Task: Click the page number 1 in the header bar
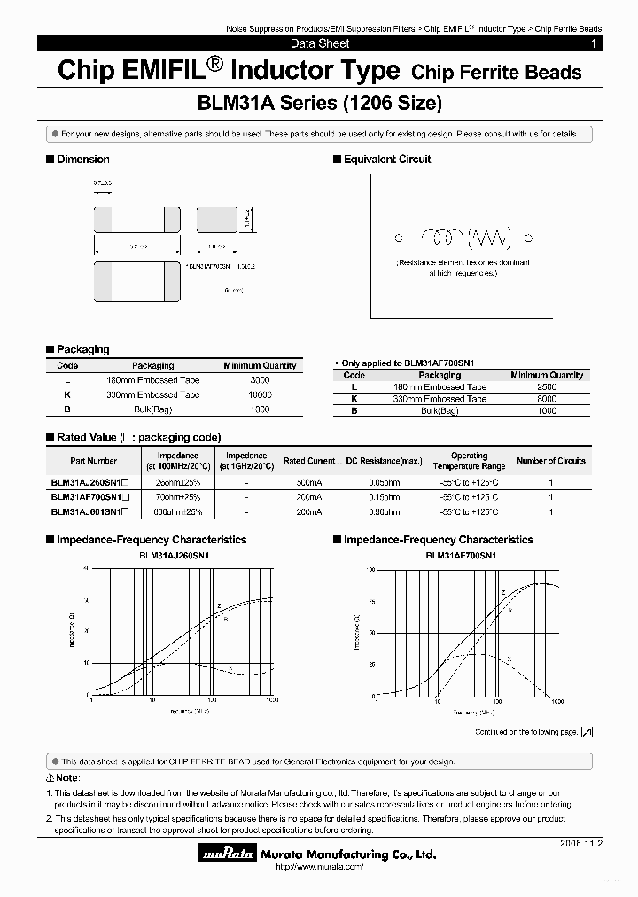[594, 43]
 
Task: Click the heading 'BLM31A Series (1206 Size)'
[319, 103]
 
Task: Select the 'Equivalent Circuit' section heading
[386, 160]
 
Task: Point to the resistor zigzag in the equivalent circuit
[489, 237]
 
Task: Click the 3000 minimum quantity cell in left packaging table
[259, 379]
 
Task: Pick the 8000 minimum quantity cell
[547, 399]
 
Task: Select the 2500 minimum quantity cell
[547, 387]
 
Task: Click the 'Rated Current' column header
[309, 461]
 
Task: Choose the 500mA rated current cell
[309, 483]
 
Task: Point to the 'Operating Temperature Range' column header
[469, 461]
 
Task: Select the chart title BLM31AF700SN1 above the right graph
[461, 555]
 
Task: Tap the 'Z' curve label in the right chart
[502, 592]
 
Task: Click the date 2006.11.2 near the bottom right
[580, 844]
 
